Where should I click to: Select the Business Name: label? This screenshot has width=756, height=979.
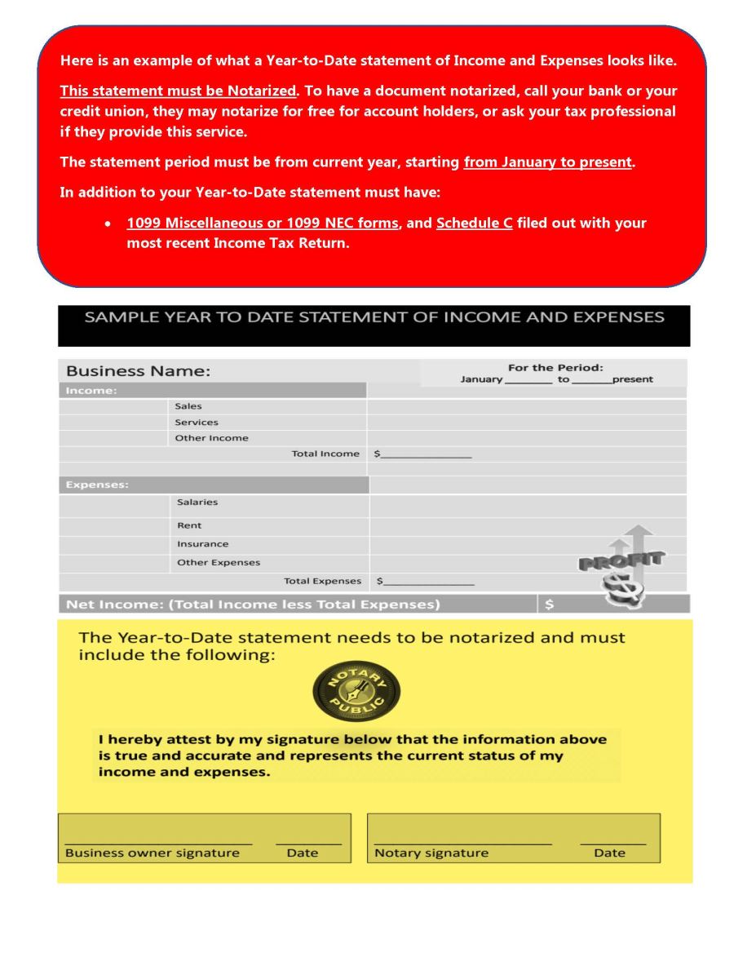coord(138,371)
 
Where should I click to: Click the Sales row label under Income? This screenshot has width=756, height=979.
coord(188,405)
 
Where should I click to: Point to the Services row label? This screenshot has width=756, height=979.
coord(197,422)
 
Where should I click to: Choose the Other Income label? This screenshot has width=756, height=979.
coord(211,438)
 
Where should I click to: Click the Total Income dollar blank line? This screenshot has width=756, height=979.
coord(427,455)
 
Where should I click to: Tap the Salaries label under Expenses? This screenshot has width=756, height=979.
coord(197,503)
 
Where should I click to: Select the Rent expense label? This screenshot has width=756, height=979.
coord(189,525)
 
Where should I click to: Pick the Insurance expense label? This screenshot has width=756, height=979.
coord(203,544)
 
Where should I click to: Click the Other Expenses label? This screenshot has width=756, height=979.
coord(219,562)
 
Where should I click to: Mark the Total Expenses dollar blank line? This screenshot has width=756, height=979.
coord(429,583)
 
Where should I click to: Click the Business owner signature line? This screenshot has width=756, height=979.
coord(158,842)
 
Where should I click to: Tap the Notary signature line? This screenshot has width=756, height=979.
coord(462,842)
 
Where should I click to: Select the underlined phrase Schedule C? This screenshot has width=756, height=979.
coord(475,223)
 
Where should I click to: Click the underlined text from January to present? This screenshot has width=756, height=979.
coord(548,162)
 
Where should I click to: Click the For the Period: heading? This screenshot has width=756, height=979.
coord(555,367)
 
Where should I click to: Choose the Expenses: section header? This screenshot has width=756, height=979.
coord(97,485)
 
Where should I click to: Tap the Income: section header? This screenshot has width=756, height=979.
coord(91,391)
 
